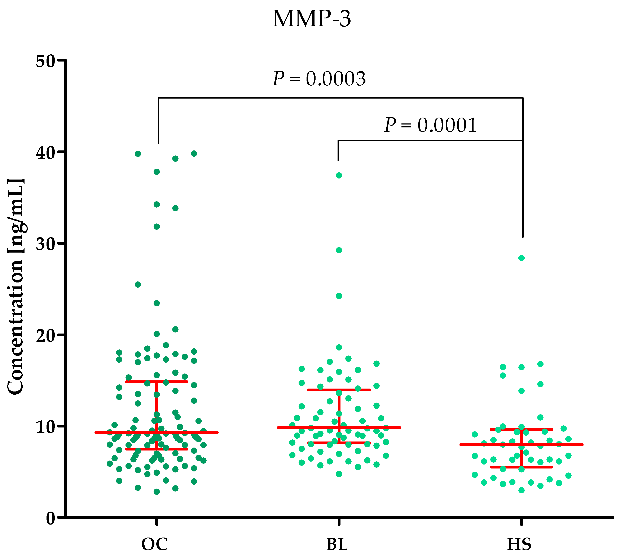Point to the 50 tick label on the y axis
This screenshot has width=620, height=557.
click(x=45, y=61)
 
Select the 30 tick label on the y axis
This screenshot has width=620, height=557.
click(x=45, y=244)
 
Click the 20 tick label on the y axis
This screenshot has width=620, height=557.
click(x=45, y=335)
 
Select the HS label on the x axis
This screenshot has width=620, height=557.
click(x=519, y=544)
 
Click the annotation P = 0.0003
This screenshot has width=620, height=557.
click(x=319, y=79)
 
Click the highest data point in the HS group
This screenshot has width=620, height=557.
click(x=521, y=258)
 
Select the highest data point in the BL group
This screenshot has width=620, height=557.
click(x=339, y=175)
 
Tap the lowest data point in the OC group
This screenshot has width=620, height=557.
click(x=157, y=492)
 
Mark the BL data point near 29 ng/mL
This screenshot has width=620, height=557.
click(x=339, y=250)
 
